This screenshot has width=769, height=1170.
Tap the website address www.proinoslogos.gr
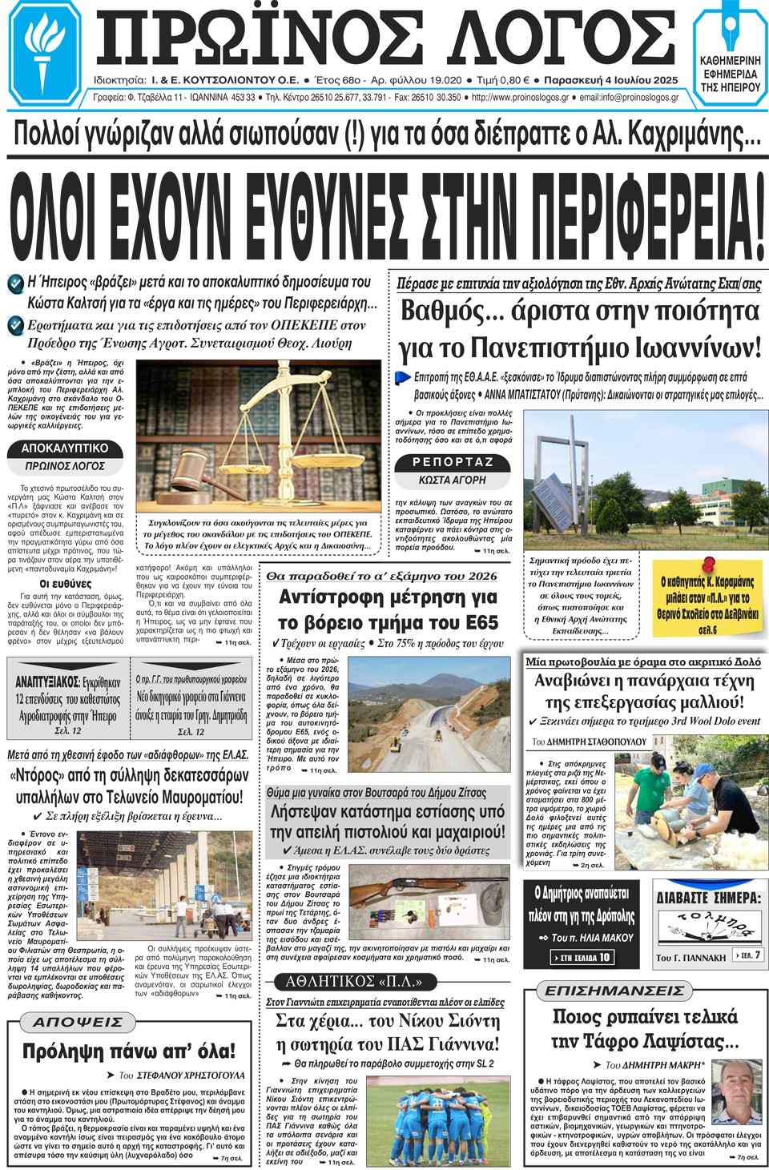[x=520, y=98]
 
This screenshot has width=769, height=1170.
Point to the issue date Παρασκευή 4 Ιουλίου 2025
[x=610, y=80]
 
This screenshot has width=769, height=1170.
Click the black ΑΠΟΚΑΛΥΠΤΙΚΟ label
[x=64, y=448]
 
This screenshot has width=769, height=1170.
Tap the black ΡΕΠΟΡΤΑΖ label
[x=453, y=462]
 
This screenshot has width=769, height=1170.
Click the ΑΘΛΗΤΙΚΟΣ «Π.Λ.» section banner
[x=353, y=981]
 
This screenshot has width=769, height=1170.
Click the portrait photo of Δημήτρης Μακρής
[x=736, y=1092]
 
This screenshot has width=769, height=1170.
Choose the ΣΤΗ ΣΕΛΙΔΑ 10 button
[x=584, y=957]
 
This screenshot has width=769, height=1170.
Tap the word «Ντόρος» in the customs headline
[x=37, y=775]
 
